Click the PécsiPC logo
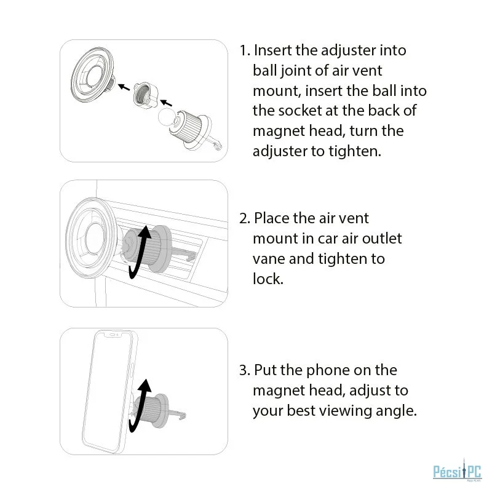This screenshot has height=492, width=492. pos(457,471)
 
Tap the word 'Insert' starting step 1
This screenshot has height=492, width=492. pos(272,50)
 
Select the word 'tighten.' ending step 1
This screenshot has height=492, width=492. pos(355,151)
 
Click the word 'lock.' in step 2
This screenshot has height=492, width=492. pos(268,279)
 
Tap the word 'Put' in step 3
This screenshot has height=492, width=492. pos(265,370)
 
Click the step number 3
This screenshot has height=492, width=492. pos(244,370)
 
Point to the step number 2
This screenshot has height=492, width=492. pos(244,218)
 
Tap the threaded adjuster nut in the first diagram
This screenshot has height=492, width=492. pos(145,95)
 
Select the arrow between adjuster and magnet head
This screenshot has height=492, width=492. pos(124,87)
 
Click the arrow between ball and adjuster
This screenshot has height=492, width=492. pos(166,103)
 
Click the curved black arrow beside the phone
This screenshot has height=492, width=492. pos(140,405)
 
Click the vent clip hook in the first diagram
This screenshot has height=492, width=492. pos(218,145)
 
